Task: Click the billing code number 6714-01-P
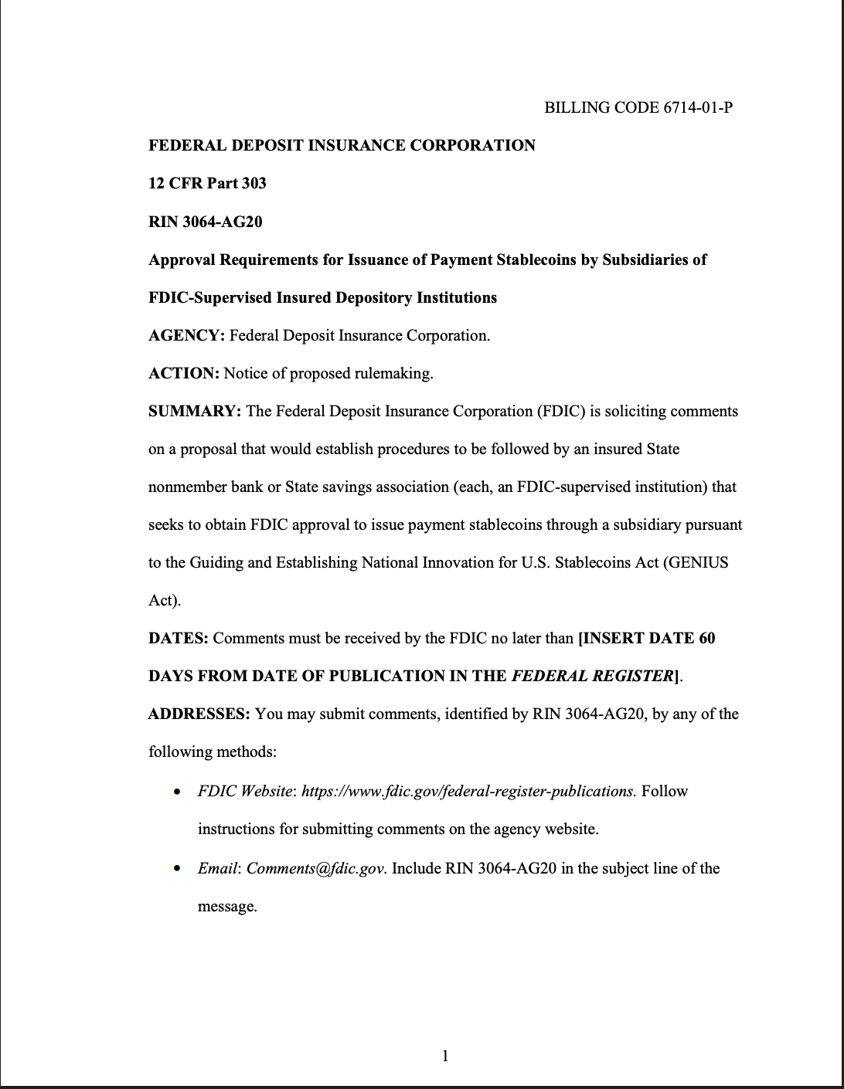coord(697,107)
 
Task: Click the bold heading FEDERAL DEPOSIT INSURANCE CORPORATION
coord(342,145)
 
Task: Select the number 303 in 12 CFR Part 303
coord(254,183)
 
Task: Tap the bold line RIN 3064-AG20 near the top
coord(205,222)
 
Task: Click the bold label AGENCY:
coord(186,335)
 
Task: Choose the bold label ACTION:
coord(184,373)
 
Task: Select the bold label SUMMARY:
coord(195,411)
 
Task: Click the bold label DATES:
coord(178,638)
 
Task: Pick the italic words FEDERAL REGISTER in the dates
coord(593,676)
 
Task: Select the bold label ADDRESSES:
coord(199,714)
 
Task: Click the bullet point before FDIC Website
coord(179,792)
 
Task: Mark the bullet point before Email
coord(179,869)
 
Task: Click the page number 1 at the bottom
coord(444,1055)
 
